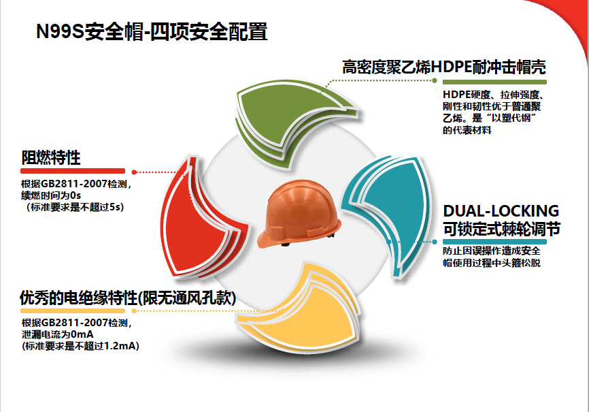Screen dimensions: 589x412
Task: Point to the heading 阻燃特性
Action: coord(51,158)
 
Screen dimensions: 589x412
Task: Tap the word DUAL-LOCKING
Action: coord(501,211)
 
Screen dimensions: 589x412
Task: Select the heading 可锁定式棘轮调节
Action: coord(501,229)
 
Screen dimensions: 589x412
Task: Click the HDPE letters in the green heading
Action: coord(461,67)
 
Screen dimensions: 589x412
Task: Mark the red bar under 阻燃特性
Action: coord(73,171)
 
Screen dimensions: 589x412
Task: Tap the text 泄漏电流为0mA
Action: coord(57,335)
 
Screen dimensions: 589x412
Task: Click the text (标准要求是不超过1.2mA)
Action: coord(80,347)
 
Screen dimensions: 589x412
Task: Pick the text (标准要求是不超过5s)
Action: coord(75,206)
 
